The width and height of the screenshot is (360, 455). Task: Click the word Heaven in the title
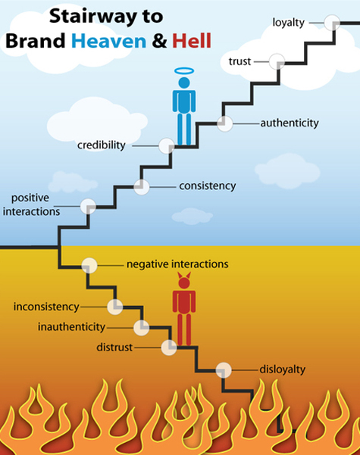(x=108, y=41)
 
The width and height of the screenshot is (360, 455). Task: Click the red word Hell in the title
(x=192, y=41)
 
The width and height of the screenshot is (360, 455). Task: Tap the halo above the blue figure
(x=184, y=71)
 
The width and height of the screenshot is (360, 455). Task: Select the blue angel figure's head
(x=184, y=83)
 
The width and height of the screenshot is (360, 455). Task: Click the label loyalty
(x=288, y=23)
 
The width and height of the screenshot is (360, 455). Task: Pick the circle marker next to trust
(x=277, y=61)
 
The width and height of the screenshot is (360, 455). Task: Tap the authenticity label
(x=290, y=123)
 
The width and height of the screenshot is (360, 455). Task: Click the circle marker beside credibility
(x=167, y=145)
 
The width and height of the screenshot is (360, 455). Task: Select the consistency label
(x=208, y=186)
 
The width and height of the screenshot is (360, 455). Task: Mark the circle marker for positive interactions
(x=88, y=207)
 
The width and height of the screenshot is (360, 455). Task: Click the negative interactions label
(x=177, y=264)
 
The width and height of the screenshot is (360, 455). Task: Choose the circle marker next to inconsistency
(x=115, y=307)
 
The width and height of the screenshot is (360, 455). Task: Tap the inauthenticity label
(x=71, y=327)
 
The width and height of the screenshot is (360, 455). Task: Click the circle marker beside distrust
(x=169, y=347)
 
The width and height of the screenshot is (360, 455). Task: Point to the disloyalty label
(x=283, y=369)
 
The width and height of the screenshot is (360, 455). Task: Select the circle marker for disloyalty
(x=224, y=370)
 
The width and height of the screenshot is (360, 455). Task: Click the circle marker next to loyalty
(x=332, y=23)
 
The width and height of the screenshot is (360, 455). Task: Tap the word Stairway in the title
(x=92, y=17)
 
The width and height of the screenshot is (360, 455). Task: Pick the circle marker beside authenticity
(x=225, y=123)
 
